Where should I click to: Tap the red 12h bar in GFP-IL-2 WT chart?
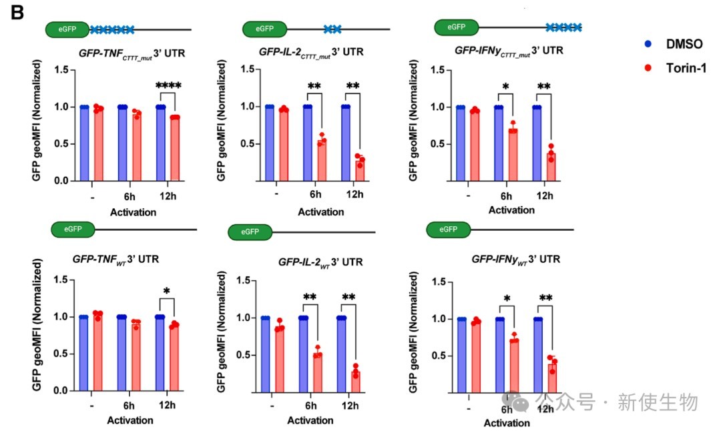[x=355, y=381]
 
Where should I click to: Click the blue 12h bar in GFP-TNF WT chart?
[x=160, y=354]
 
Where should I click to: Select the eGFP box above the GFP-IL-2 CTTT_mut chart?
[x=264, y=29]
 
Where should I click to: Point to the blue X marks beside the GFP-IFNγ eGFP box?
[x=563, y=27]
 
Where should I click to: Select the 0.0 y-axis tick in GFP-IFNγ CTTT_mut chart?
[x=439, y=181]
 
